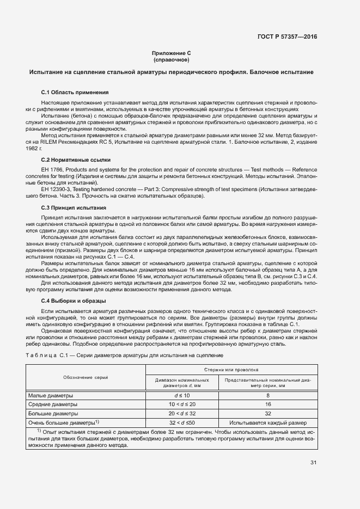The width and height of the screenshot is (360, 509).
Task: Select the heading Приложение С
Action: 172,53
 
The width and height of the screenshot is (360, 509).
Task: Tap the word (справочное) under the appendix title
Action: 172,60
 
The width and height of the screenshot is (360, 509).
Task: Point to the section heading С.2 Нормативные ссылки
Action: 76,160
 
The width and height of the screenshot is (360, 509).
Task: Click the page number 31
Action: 313,463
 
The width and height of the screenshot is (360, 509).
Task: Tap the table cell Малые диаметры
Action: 50,395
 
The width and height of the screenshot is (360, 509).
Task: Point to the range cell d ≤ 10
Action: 181,395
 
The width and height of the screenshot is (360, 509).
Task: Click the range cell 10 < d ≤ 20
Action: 181,404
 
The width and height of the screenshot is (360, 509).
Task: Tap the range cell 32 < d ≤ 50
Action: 181,422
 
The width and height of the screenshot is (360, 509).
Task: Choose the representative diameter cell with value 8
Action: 267,395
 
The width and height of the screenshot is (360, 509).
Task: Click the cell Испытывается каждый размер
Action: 267,422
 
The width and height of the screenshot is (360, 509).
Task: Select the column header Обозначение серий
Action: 85,377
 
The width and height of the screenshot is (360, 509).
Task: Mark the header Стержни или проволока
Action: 231,368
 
